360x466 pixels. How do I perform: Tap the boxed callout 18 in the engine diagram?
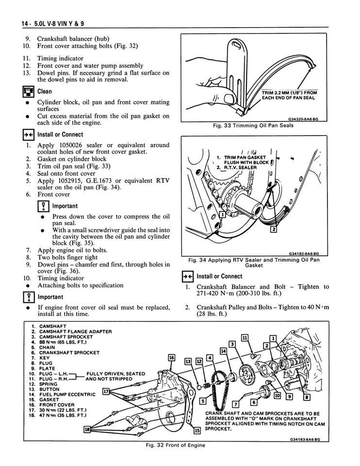87,429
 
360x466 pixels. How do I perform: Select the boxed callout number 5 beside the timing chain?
203,400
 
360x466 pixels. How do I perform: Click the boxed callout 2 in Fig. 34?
273,229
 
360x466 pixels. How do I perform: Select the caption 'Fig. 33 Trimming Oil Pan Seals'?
253,125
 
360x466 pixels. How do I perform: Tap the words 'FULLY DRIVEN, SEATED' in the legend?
115,373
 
